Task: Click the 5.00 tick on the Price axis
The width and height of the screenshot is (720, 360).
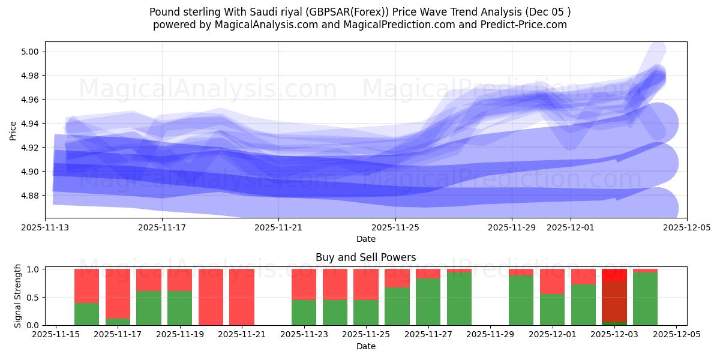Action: click(x=30, y=52)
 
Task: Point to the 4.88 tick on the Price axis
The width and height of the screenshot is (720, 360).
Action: click(x=30, y=196)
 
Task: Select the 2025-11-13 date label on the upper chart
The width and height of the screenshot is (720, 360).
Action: click(x=45, y=227)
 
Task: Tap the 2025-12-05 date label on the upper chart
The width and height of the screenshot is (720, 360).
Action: click(x=687, y=227)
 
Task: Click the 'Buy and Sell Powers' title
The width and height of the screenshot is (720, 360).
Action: click(x=365, y=257)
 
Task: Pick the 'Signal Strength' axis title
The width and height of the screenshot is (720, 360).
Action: click(x=18, y=296)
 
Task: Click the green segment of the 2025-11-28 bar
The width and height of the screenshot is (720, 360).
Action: click(x=459, y=299)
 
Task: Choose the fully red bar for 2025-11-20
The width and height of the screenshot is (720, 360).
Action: click(x=211, y=297)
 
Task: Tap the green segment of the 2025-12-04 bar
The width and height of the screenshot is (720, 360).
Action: click(x=645, y=299)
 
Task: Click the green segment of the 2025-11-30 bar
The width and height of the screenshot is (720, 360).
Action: click(x=521, y=300)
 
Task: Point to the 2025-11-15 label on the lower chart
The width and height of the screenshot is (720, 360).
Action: click(x=56, y=335)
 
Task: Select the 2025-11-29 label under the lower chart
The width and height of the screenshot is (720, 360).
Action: click(x=490, y=335)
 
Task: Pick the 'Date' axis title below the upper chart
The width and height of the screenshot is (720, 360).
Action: click(x=365, y=239)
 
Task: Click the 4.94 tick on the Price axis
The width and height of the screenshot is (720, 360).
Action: click(x=30, y=124)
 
